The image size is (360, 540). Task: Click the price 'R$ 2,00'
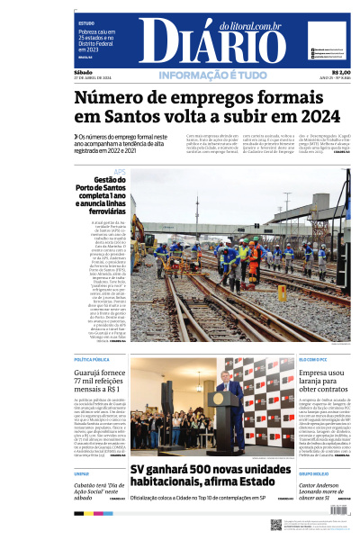(341, 72)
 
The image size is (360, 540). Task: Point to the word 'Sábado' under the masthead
(84, 72)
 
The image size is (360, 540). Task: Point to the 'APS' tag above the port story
(120, 172)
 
